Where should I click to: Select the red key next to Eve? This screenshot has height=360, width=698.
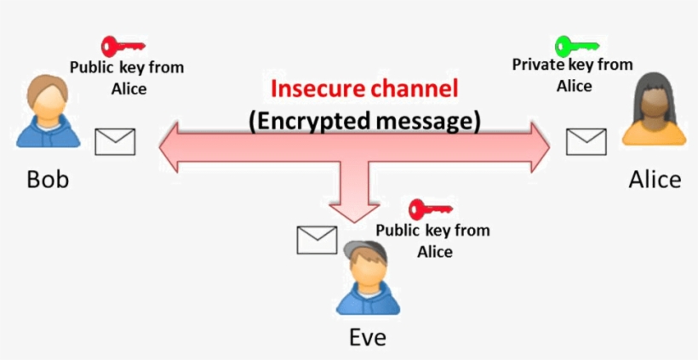pyautogui.click(x=429, y=209)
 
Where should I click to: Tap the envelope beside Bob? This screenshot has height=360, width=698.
pyautogui.click(x=115, y=141)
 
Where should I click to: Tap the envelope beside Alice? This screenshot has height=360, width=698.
pyautogui.click(x=586, y=141)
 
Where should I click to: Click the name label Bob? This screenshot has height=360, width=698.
pyautogui.click(x=48, y=180)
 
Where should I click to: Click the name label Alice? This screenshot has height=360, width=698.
pyautogui.click(x=655, y=180)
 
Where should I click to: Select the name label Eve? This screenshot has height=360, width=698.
pyautogui.click(x=368, y=337)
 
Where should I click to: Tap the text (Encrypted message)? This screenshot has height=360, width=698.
pyautogui.click(x=364, y=120)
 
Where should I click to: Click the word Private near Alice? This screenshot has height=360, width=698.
pyautogui.click(x=534, y=65)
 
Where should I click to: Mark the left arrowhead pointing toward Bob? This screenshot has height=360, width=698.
pyautogui.click(x=170, y=141)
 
